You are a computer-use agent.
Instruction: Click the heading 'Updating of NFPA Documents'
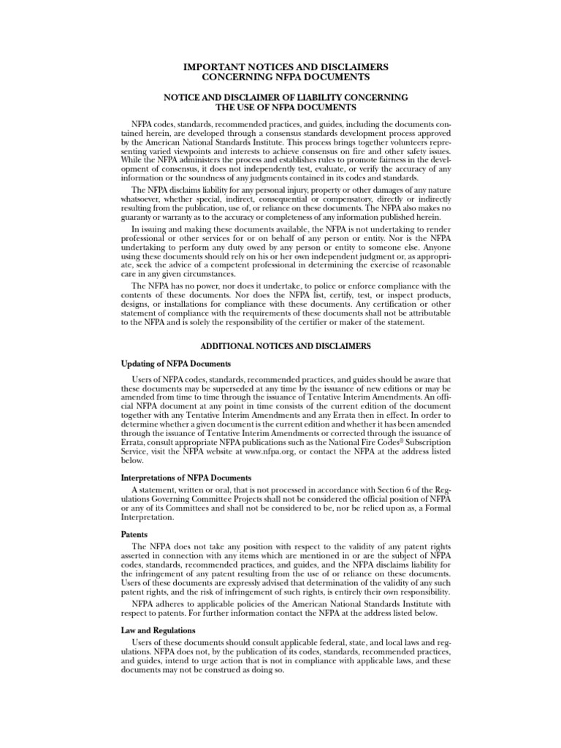(175, 363)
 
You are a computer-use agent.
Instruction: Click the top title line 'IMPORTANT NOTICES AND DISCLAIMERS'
(280, 67)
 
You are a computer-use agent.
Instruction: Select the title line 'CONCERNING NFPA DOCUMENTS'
(280, 77)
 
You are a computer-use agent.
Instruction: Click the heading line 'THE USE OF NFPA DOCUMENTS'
(280, 107)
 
